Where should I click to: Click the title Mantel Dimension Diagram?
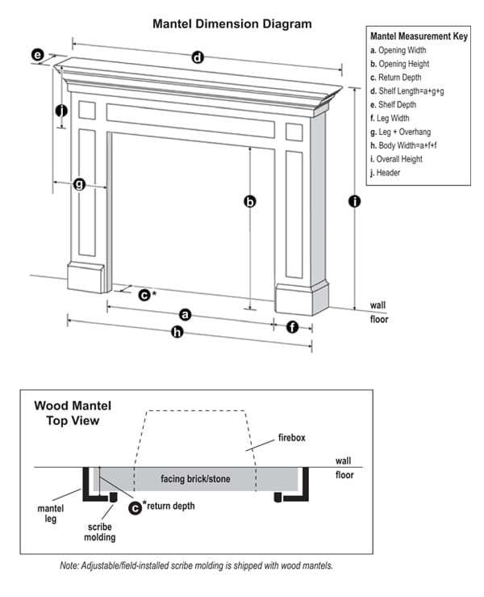click(x=232, y=24)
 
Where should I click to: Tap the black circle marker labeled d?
click(x=197, y=57)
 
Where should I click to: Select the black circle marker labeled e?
click(x=37, y=55)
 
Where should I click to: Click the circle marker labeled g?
click(x=79, y=184)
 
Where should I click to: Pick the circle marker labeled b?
click(x=250, y=203)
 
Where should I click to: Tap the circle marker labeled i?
click(x=353, y=201)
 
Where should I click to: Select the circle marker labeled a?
click(x=185, y=313)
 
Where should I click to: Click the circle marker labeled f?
click(x=292, y=327)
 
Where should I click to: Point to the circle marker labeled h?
click(x=177, y=333)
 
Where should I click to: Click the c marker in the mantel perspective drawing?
click(x=144, y=295)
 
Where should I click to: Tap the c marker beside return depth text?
click(x=135, y=507)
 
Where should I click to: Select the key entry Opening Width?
click(x=398, y=51)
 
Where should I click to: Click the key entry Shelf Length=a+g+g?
click(x=407, y=91)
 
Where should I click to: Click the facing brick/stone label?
click(x=195, y=479)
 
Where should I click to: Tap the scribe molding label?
click(x=102, y=531)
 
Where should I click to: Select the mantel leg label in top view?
click(x=50, y=514)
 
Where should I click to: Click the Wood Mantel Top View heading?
click(x=73, y=413)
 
